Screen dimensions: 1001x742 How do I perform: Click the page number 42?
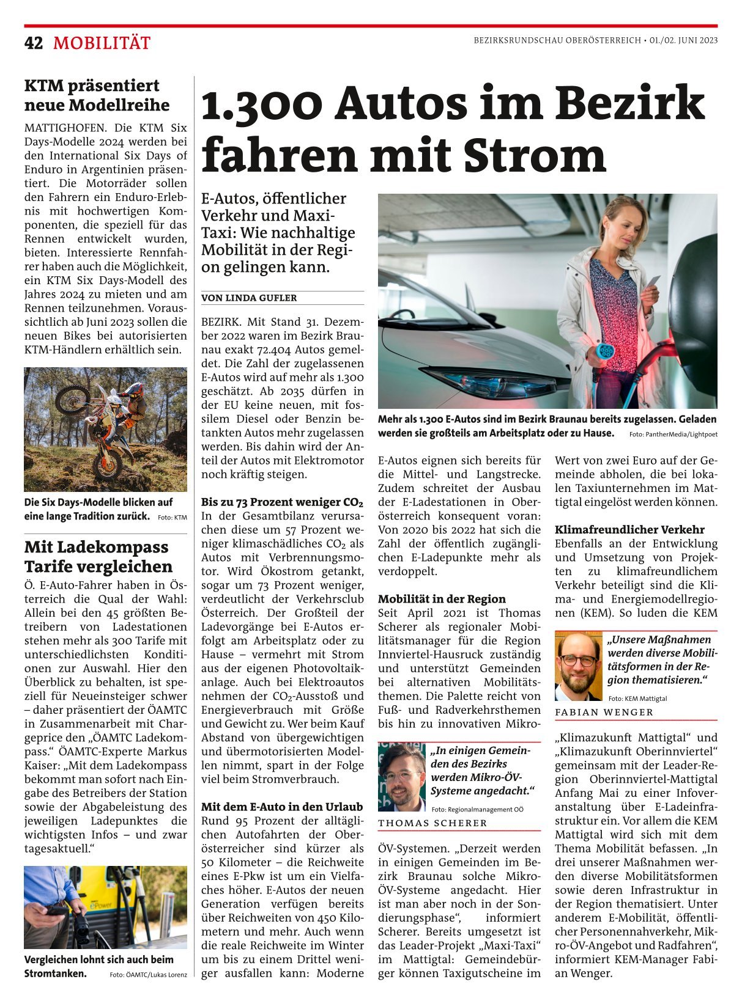(x=34, y=43)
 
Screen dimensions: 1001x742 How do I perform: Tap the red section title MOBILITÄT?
(x=102, y=43)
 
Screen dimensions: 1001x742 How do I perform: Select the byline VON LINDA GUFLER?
(x=249, y=298)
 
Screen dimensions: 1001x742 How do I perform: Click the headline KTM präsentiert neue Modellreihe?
(x=97, y=95)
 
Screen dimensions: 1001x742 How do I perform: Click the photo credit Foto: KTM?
(x=173, y=518)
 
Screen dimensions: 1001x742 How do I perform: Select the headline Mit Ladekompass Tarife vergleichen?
(x=98, y=556)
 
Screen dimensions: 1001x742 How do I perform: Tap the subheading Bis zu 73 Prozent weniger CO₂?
(x=282, y=502)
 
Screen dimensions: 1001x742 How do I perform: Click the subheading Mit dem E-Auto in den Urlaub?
(x=282, y=807)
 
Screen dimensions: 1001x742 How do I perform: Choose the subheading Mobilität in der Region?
(x=442, y=599)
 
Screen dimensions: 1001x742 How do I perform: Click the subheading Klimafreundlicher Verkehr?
(x=629, y=530)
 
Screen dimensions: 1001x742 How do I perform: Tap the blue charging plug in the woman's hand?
(x=604, y=353)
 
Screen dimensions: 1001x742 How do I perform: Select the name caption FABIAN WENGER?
(x=604, y=712)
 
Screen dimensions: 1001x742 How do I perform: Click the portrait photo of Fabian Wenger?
(x=578, y=666)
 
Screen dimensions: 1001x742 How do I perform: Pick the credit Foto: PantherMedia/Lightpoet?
(x=673, y=435)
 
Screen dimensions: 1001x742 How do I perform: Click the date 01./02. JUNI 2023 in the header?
(x=683, y=40)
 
